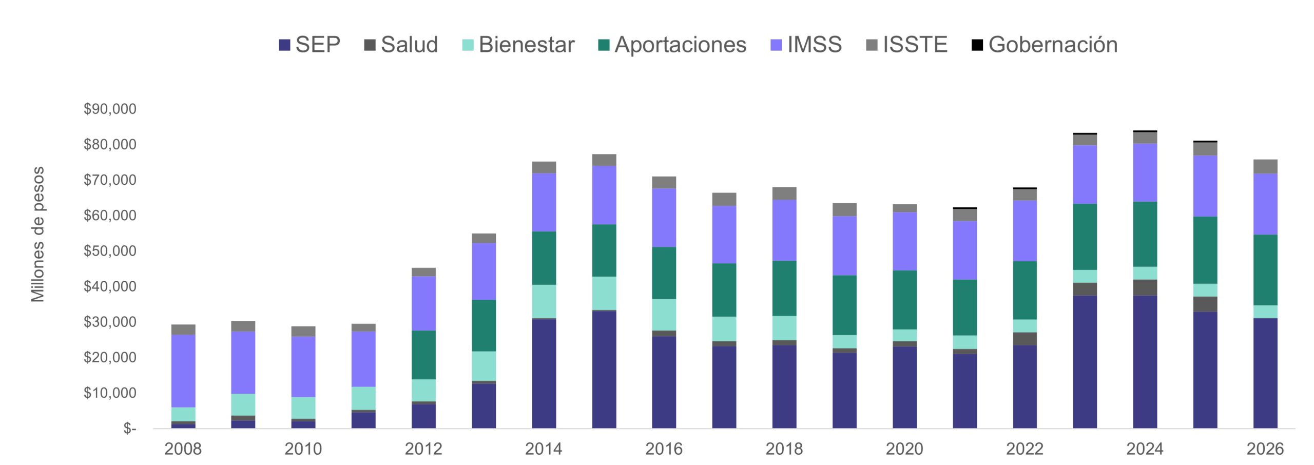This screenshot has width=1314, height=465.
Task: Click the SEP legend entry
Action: pos(310,45)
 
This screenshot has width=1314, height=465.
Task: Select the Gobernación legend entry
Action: pos(1045,45)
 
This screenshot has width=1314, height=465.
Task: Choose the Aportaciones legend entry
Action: pos(672,45)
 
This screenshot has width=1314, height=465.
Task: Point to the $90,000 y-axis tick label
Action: pos(110,109)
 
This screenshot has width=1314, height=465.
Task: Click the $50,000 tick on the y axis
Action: pos(110,251)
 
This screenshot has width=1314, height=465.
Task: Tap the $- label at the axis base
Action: pos(129,428)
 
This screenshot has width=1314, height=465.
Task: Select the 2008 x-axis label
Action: pos(183,449)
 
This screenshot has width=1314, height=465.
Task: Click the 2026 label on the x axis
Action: pos(1265,449)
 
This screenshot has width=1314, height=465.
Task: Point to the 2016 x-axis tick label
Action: pos(664,449)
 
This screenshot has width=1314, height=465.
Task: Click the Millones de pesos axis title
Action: pos(38,234)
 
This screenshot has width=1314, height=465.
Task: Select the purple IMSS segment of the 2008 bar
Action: pos(183,371)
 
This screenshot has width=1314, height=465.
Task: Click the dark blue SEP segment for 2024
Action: pos(1145,362)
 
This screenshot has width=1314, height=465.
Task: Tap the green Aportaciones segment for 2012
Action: pos(423,355)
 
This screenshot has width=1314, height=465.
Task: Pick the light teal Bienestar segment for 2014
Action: pos(544,301)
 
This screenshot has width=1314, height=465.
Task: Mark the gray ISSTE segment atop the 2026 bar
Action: pos(1265,167)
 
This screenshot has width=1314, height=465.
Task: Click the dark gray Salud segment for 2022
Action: pos(1025,339)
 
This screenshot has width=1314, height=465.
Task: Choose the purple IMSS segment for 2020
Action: pos(904,241)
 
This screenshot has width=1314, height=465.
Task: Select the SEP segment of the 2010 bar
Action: pos(303,424)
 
